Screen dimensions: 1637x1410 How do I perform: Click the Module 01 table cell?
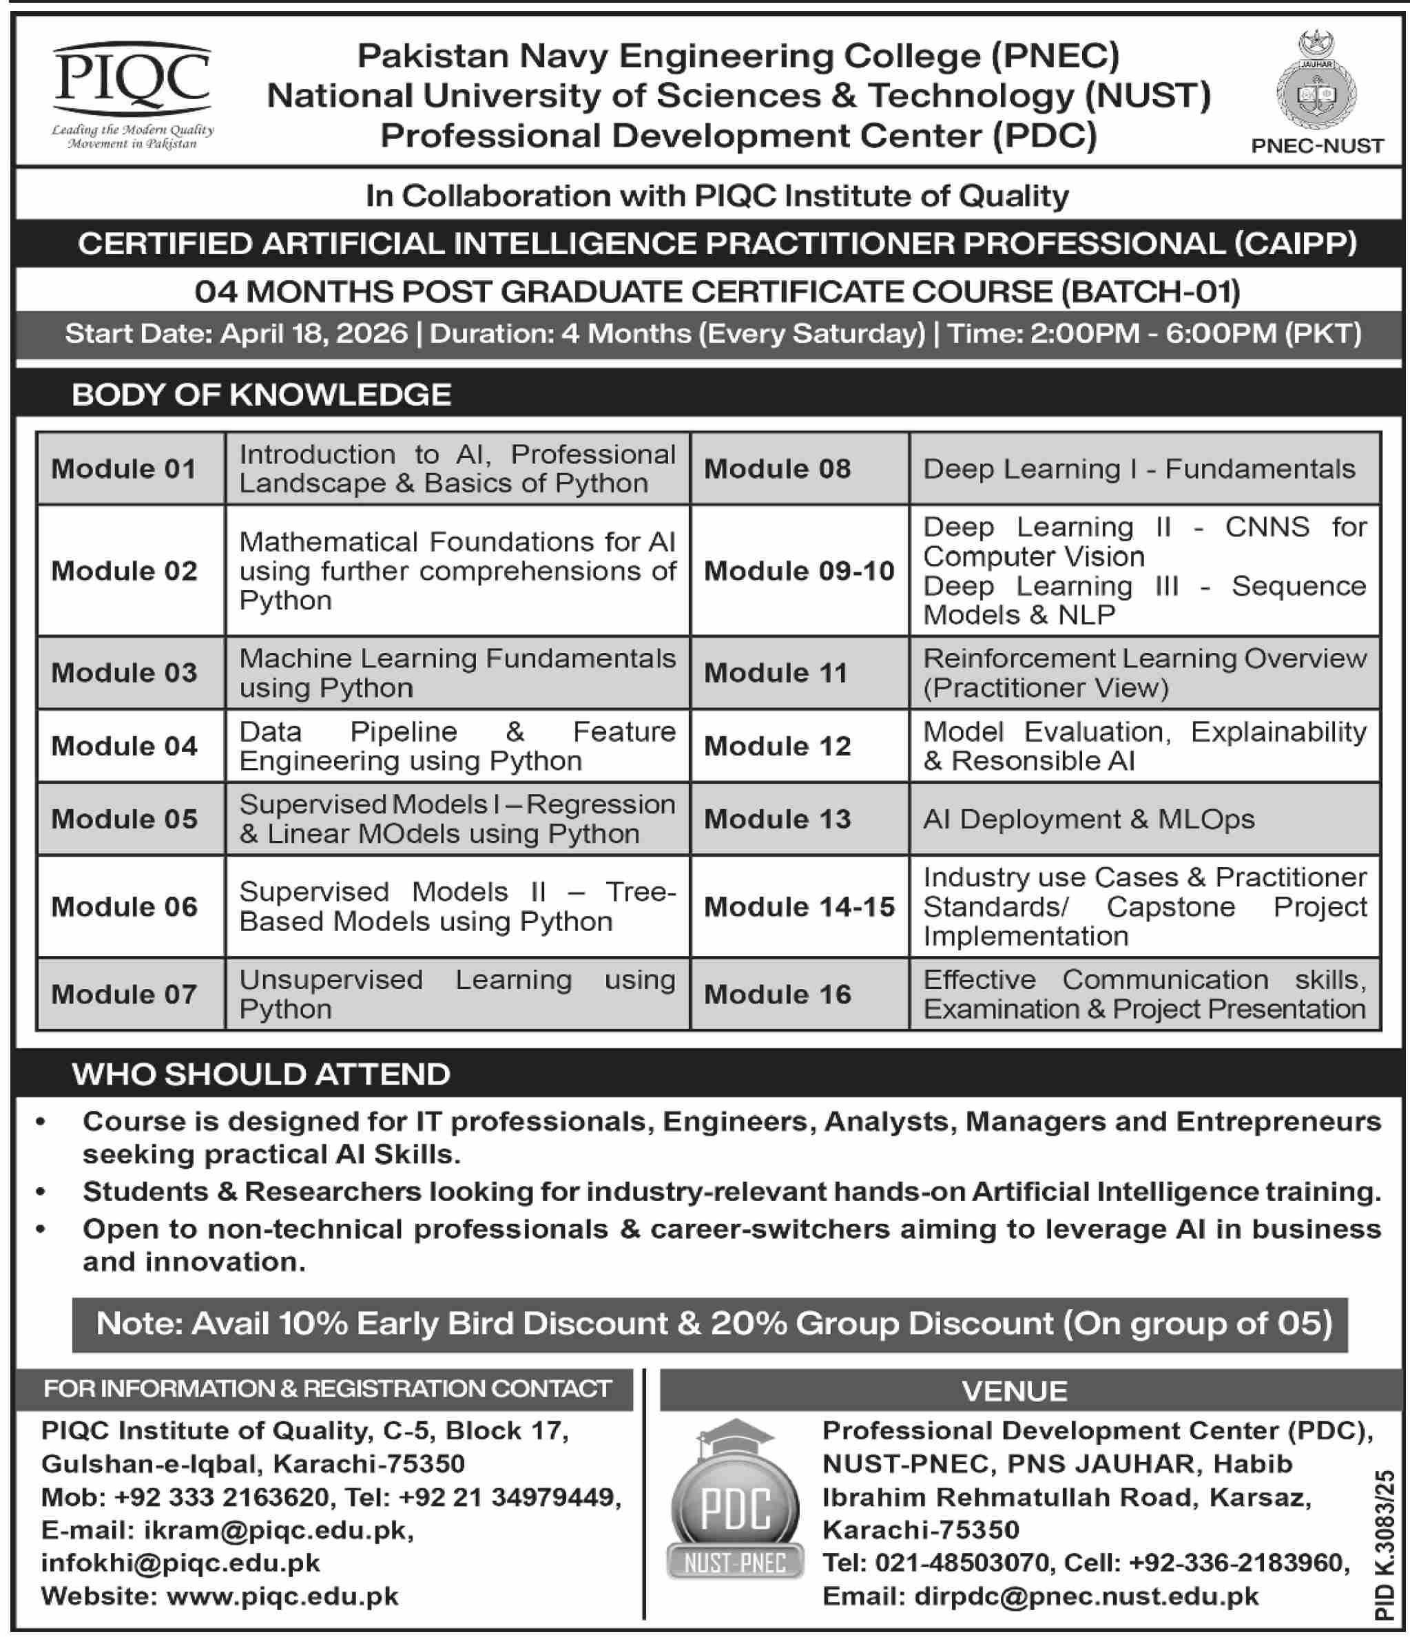coord(124,468)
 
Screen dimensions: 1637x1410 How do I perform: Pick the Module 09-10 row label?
coord(799,570)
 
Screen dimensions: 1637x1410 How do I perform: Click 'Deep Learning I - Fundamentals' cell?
coord(1139,468)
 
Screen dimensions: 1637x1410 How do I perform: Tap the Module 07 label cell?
coord(124,994)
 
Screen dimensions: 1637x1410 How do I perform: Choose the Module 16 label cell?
coord(778,994)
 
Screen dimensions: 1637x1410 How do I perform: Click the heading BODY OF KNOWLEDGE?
coord(262,394)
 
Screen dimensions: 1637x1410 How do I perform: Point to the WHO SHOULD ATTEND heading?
coord(262,1074)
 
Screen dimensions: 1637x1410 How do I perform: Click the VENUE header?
coord(1015,1390)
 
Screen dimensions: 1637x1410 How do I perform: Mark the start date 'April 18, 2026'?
coord(315,333)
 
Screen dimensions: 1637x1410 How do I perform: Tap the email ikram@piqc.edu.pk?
coord(276,1530)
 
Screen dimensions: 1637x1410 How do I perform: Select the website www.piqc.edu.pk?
coord(282,1596)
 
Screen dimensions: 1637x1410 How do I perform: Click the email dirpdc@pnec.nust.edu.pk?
coord(1086,1596)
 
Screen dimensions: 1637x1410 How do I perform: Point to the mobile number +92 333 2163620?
coord(222,1497)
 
